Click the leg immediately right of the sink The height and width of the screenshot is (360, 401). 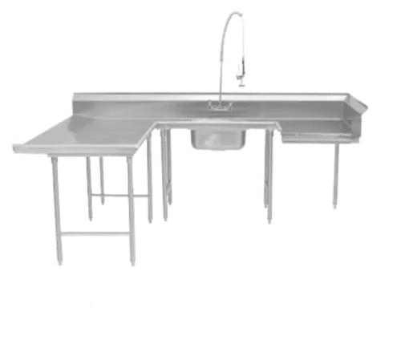[x=270, y=180]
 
